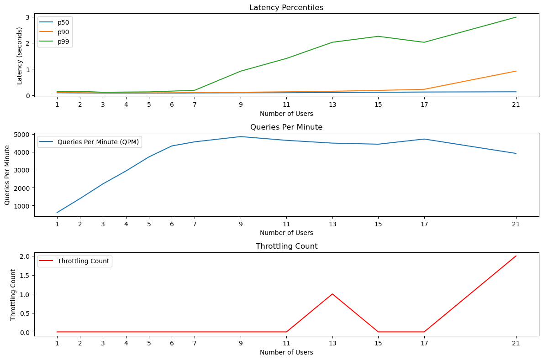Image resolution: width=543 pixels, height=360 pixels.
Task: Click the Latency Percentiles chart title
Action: click(286, 7)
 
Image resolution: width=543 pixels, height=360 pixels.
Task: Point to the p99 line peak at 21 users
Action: click(516, 17)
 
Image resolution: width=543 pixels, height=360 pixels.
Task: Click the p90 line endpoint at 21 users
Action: click(516, 71)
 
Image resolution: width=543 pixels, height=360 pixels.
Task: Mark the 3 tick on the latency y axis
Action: click(27, 17)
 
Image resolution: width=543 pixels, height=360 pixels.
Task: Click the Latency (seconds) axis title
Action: click(20, 56)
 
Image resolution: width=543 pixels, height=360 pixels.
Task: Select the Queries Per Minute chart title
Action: click(286, 127)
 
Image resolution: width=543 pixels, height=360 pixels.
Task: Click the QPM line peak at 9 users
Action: click(241, 136)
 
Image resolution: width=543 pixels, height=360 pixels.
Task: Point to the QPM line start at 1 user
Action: click(57, 213)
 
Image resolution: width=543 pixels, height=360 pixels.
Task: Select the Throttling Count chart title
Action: click(286, 246)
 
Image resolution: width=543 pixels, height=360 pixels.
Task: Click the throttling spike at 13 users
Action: click(332, 294)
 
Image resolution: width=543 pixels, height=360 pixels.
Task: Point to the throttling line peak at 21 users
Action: click(516, 256)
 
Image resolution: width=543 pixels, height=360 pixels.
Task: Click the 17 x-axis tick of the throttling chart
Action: click(424, 343)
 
